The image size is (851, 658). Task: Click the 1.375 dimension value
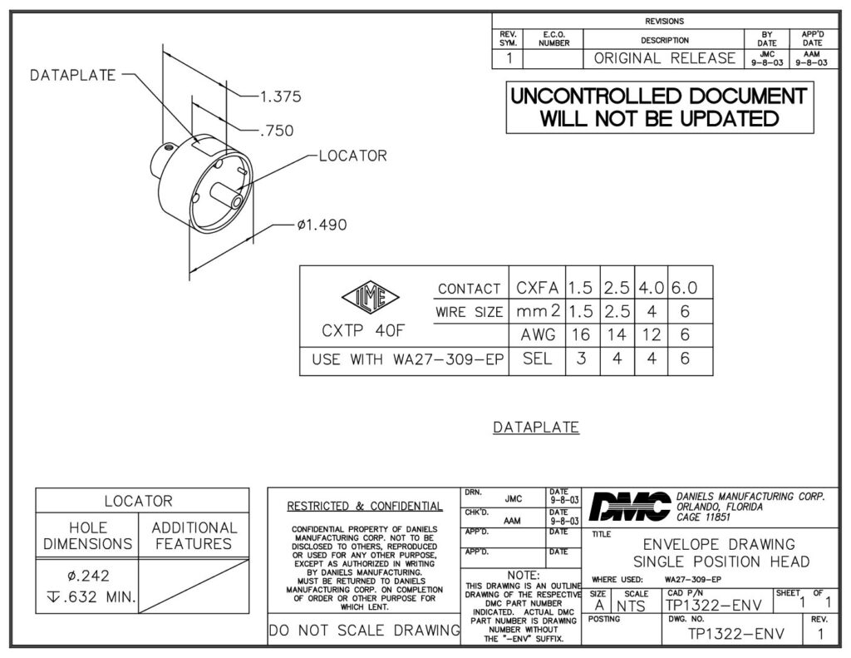[281, 96]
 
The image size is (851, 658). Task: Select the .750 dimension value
[277, 131]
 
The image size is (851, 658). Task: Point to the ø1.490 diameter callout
[322, 225]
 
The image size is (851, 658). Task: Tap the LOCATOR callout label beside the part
[352, 156]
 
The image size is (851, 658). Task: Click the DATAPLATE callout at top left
[73, 75]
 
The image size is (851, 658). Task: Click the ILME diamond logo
[371, 298]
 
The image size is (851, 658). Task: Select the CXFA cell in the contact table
[538, 288]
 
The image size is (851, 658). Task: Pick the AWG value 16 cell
[581, 334]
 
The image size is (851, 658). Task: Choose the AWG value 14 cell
[617, 334]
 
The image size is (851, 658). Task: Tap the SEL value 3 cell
[581, 359]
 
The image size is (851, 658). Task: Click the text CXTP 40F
[363, 330]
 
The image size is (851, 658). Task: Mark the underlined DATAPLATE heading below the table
[536, 427]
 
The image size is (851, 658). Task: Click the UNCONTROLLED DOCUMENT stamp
[660, 107]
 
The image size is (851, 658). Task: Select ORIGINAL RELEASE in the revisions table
[665, 58]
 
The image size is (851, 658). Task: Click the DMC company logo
[630, 507]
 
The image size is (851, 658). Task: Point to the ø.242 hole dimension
[88, 576]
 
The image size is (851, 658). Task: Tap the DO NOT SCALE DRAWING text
[365, 631]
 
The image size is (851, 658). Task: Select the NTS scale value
[631, 606]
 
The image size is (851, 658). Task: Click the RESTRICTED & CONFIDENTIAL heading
[365, 507]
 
